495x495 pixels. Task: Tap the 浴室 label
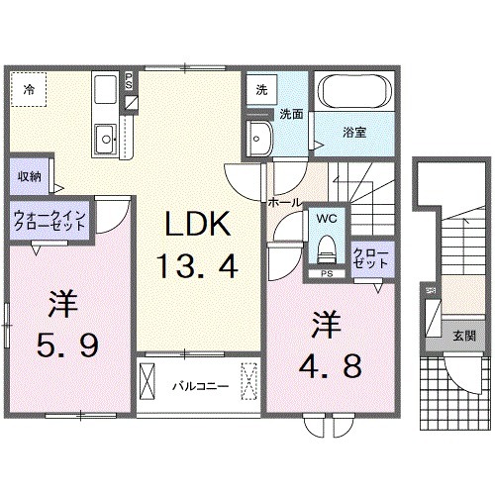(355, 132)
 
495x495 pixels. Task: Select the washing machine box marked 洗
(260, 88)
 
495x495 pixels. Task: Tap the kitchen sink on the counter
(104, 138)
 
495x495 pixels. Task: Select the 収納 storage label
(29, 176)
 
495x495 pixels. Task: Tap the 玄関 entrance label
(463, 337)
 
